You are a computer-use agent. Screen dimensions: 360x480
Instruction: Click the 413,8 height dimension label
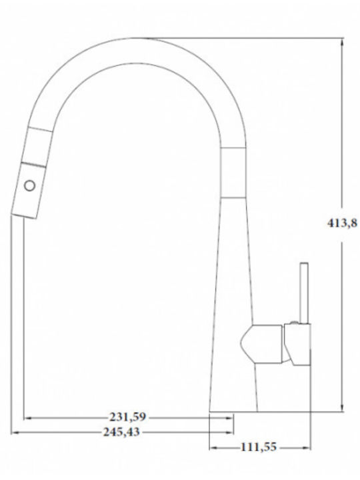point(342,223)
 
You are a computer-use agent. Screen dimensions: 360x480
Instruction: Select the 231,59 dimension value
point(128,417)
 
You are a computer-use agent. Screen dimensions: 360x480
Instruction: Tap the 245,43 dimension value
point(121,431)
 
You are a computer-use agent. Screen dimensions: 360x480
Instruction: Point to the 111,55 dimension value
point(259,447)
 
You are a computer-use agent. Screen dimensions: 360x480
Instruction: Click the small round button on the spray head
point(30,186)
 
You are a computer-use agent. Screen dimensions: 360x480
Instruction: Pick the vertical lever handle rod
point(304,293)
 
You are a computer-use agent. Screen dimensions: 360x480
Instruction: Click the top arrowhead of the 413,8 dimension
point(342,42)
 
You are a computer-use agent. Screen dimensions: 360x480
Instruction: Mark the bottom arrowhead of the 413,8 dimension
point(342,407)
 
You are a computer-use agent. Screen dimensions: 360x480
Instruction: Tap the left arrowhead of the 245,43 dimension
point(15,432)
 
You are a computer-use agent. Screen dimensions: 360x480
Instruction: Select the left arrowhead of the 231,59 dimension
point(28,418)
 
